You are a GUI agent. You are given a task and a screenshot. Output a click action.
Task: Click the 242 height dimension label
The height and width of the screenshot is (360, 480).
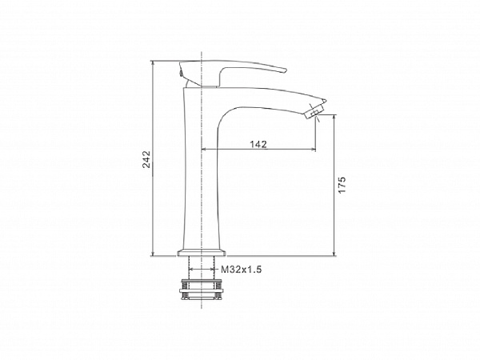pos(147,159)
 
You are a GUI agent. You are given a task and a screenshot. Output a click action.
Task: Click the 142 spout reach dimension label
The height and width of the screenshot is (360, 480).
pos(258,144)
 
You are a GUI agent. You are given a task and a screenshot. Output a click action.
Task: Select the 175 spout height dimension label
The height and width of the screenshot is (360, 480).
pos(342,185)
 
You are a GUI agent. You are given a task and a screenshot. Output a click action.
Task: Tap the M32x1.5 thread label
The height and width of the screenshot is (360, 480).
pos(242,270)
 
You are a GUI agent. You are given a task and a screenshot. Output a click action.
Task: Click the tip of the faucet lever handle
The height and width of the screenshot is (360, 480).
pos(286,70)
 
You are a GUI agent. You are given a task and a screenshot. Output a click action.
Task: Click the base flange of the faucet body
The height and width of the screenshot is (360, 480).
pos(202,253)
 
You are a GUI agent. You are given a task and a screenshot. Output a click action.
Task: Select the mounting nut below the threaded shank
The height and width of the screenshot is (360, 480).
pos(202,289)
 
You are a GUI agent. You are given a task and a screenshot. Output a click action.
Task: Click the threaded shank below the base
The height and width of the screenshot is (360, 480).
pos(202,267)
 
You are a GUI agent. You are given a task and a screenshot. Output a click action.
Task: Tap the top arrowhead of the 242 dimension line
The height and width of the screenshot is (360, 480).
pos(153,62)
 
